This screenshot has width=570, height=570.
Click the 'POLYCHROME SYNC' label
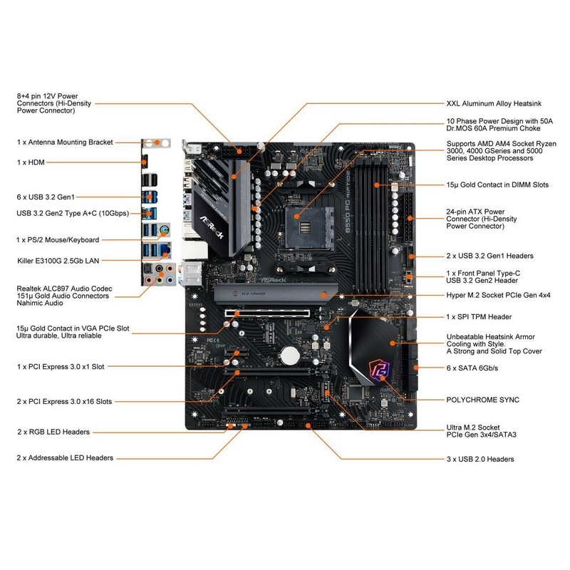[482, 400]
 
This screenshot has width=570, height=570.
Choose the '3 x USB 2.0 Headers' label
[480, 459]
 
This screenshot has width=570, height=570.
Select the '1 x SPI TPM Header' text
[478, 316]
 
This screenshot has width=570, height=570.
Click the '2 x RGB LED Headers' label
[53, 432]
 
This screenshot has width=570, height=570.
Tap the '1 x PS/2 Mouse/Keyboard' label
[58, 240]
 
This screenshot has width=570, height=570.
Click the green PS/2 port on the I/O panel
[165, 229]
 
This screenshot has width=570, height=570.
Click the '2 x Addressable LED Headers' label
[65, 458]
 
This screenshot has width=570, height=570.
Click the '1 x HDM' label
[31, 162]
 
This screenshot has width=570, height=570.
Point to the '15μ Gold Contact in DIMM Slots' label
[497, 185]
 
